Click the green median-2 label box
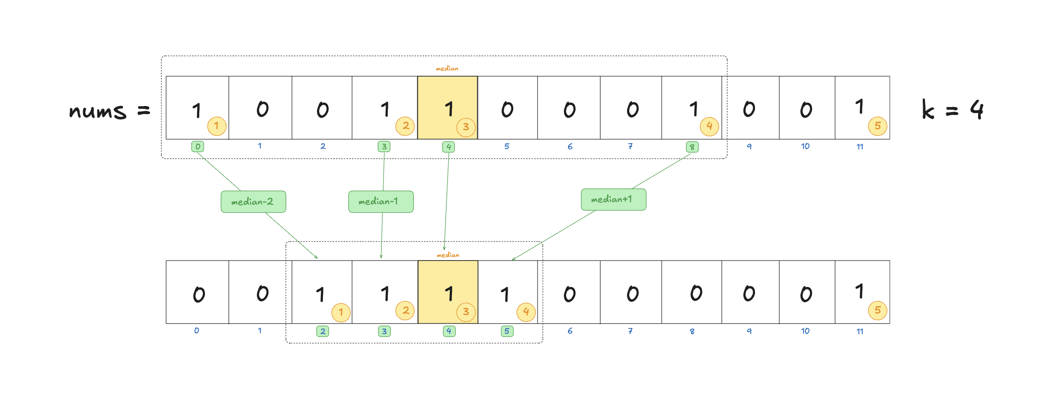click(x=253, y=202)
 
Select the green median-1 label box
click(x=381, y=202)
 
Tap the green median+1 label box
click(x=614, y=199)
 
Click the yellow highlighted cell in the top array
click(x=448, y=108)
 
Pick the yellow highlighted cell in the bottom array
click(x=448, y=292)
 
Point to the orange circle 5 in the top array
click(x=878, y=126)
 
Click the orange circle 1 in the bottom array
click(x=341, y=312)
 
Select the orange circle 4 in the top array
click(x=710, y=126)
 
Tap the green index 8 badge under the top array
click(x=692, y=147)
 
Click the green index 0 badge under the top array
click(x=198, y=146)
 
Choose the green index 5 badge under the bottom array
click(x=507, y=331)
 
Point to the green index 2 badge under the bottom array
click(x=323, y=331)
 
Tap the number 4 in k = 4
click(x=977, y=109)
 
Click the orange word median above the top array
click(x=447, y=68)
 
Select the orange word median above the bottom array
click(x=448, y=255)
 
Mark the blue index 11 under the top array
click(x=860, y=147)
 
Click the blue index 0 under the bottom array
click(x=197, y=331)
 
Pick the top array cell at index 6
click(x=569, y=108)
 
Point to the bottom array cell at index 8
click(x=692, y=292)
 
